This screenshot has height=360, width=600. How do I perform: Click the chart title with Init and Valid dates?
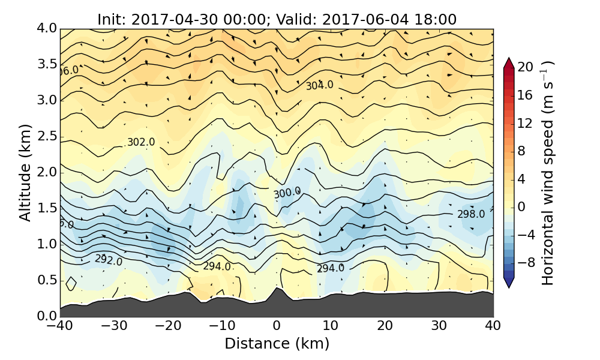click(277, 19)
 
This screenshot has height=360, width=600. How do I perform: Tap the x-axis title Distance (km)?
click(277, 344)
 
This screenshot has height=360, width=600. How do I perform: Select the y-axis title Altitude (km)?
click(25, 172)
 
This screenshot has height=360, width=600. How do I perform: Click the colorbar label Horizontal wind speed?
click(548, 173)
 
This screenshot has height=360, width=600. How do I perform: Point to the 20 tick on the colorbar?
click(526, 67)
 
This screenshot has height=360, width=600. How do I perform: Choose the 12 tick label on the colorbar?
click(526, 123)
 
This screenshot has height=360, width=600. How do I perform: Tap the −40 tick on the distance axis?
click(60, 326)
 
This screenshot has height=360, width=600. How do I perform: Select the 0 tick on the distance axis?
click(277, 326)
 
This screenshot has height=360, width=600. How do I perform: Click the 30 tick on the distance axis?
click(439, 326)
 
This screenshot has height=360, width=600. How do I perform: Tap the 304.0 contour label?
click(319, 85)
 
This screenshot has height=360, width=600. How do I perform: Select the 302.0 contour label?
click(141, 142)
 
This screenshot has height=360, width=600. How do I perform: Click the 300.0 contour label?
click(287, 193)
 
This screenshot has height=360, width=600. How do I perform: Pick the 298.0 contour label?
click(471, 214)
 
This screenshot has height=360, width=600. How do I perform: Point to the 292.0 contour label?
click(109, 260)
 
